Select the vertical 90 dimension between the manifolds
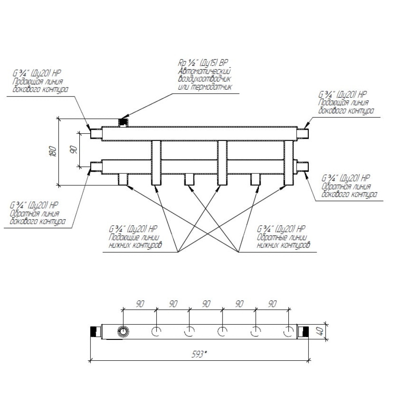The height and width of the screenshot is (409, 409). (x=74, y=150)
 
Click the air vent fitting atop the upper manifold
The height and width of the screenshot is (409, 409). (x=123, y=122)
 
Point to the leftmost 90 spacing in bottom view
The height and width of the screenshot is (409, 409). (x=139, y=304)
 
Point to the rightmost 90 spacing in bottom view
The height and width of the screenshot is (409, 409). (x=272, y=304)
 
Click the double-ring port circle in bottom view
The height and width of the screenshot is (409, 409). (x=123, y=331)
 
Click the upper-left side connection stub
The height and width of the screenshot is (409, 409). (x=96, y=133)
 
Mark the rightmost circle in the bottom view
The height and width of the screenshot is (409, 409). (x=289, y=331)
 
